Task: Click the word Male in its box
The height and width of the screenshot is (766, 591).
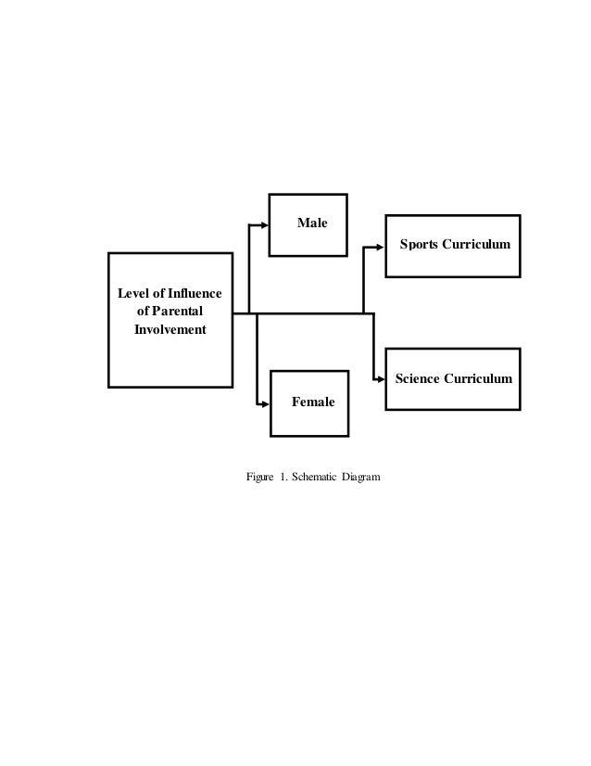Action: click(311, 223)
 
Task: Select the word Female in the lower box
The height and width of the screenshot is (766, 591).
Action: click(313, 402)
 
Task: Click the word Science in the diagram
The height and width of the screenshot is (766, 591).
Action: click(419, 378)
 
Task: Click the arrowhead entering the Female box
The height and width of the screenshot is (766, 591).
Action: click(265, 403)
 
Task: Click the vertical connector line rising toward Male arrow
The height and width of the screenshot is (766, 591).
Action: click(249, 269)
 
